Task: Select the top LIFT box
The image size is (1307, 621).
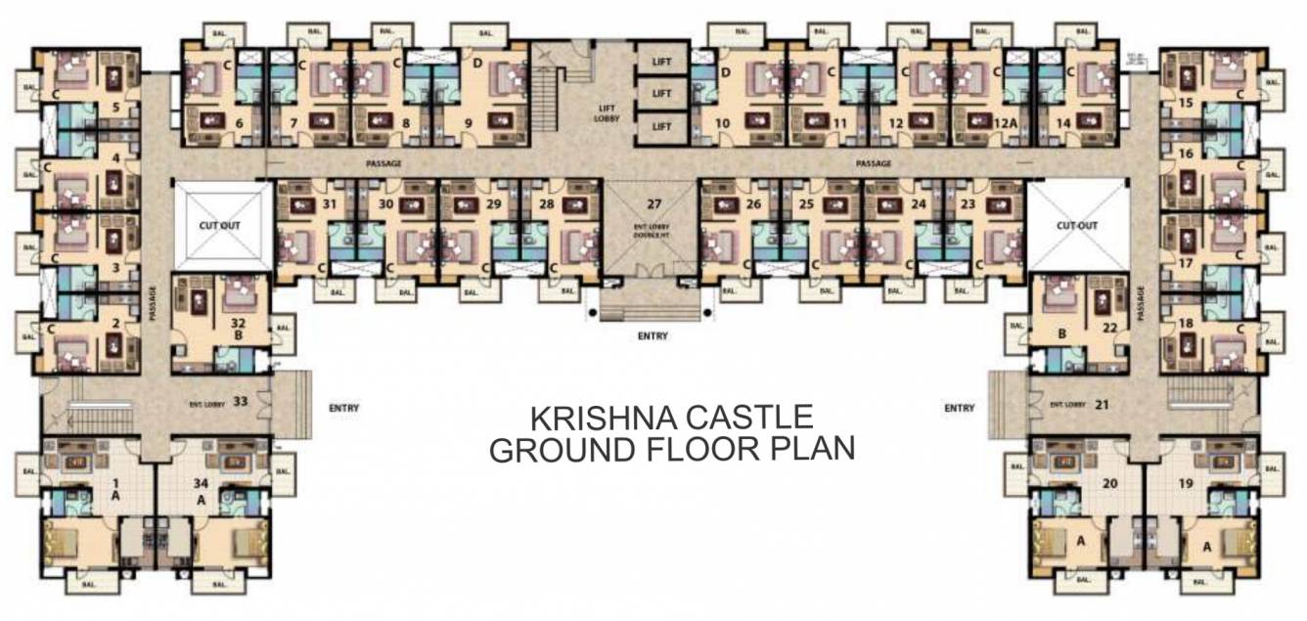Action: tap(662, 62)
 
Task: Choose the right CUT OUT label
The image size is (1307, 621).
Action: tap(1078, 224)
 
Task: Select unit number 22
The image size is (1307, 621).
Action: tap(1109, 327)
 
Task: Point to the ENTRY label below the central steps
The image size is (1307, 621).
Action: tap(653, 336)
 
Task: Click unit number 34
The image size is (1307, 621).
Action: tap(201, 483)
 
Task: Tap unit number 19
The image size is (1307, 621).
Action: tap(1187, 482)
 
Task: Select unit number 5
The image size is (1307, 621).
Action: tap(116, 108)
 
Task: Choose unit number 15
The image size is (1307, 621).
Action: tap(1186, 102)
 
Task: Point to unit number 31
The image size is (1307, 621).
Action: tap(329, 203)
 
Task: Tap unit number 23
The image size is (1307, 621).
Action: tap(968, 203)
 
